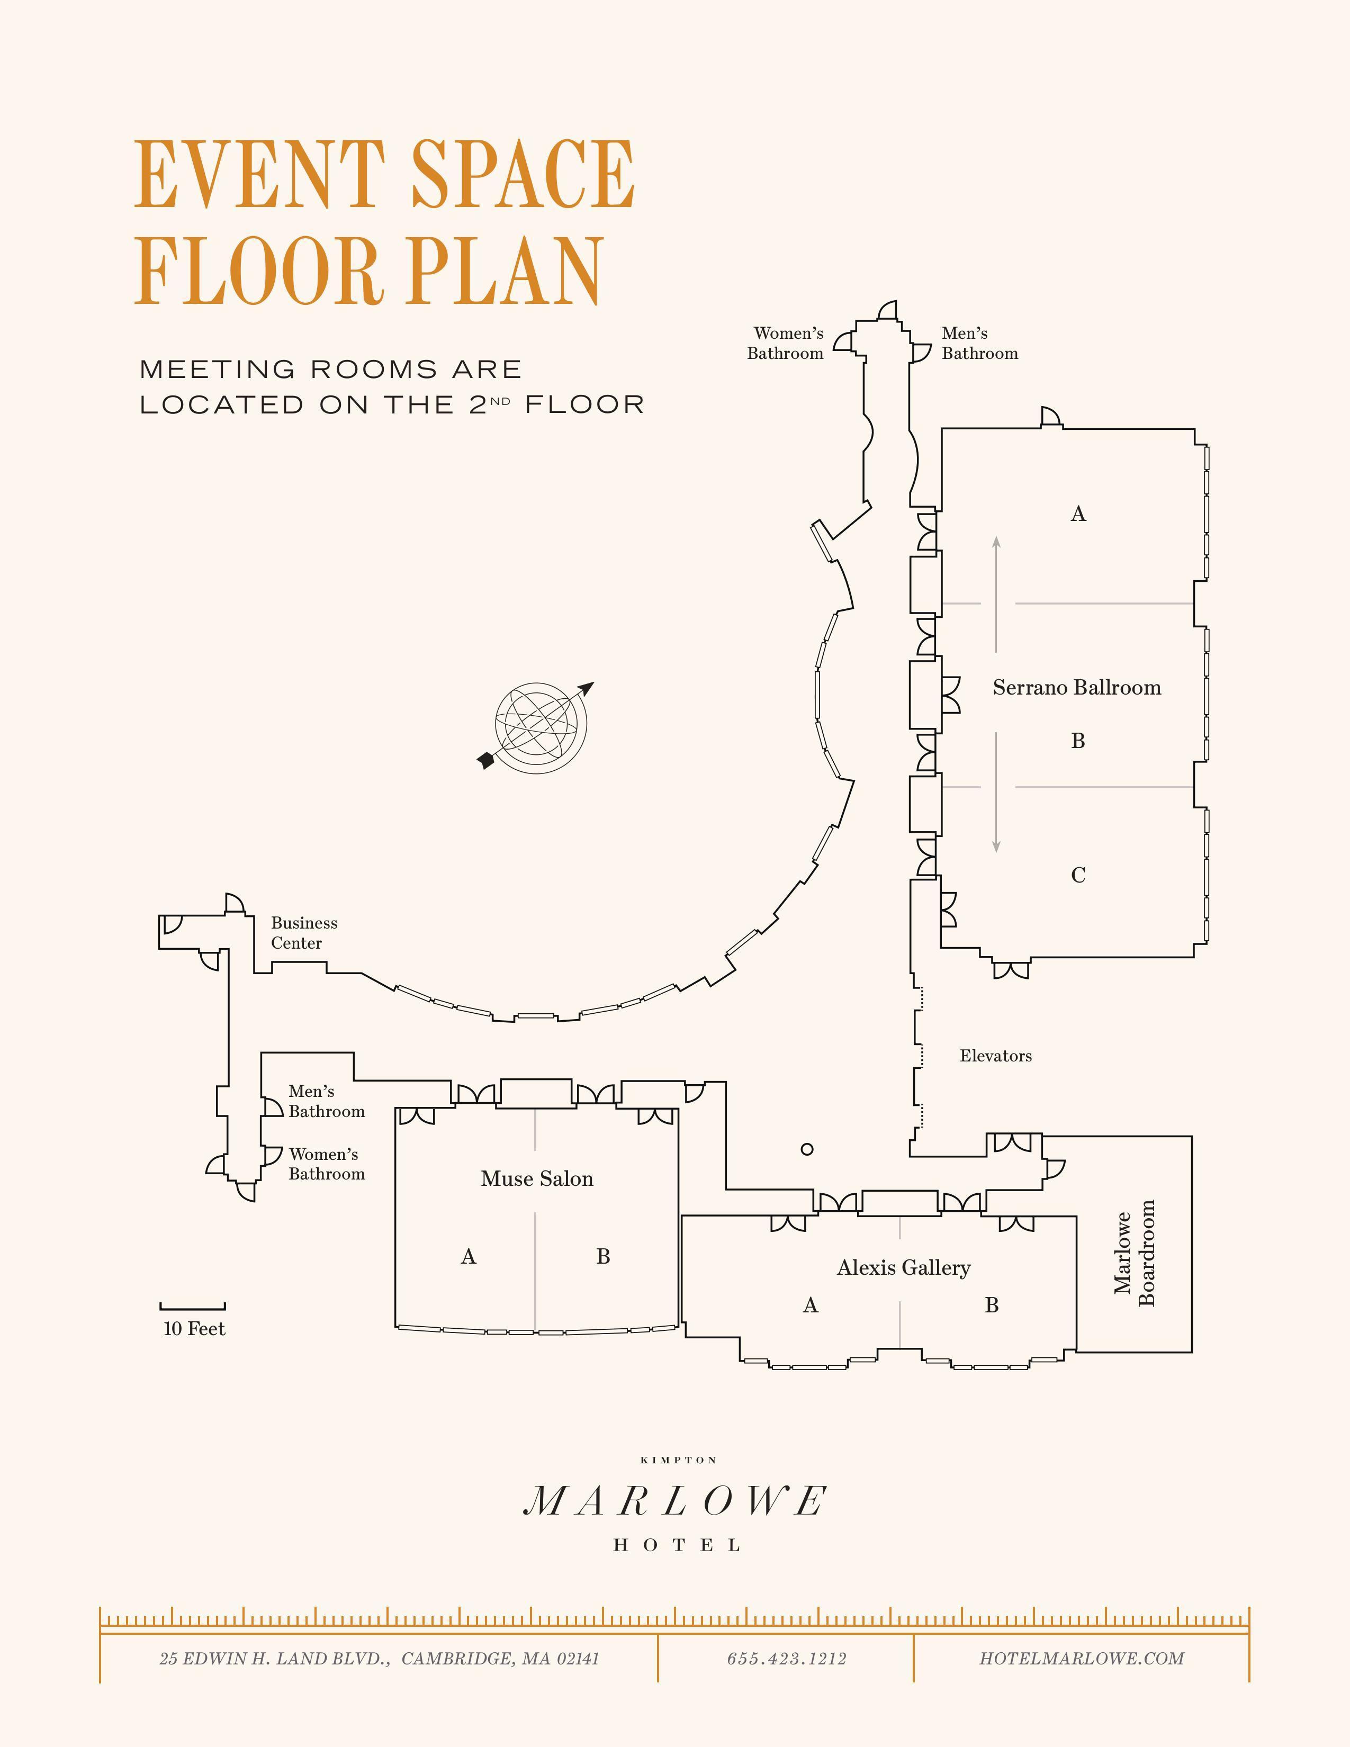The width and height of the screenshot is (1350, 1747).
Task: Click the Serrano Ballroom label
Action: point(1076,687)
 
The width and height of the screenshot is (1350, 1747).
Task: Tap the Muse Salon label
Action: point(537,1178)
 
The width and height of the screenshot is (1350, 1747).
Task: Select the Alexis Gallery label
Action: point(904,1268)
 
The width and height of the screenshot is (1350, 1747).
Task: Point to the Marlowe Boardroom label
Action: point(1135,1253)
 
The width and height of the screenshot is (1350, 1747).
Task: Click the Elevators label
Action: point(996,1056)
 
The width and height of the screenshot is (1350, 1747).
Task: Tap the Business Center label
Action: point(304,933)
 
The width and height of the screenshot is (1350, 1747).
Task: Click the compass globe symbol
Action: point(541,727)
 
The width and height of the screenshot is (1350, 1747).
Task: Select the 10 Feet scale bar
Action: point(193,1306)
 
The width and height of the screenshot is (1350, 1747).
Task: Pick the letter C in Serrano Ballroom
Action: point(1078,875)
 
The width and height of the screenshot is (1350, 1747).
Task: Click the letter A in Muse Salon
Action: point(469,1257)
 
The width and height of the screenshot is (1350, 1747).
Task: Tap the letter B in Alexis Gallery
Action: point(992,1305)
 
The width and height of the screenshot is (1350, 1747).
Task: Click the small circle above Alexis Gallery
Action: point(807,1149)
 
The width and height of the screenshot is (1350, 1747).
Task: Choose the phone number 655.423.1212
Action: point(787,1659)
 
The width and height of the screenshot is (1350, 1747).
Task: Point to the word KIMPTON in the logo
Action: point(679,1461)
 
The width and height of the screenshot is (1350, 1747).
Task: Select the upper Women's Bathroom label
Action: point(786,343)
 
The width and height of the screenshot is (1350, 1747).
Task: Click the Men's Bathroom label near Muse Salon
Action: point(326,1102)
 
